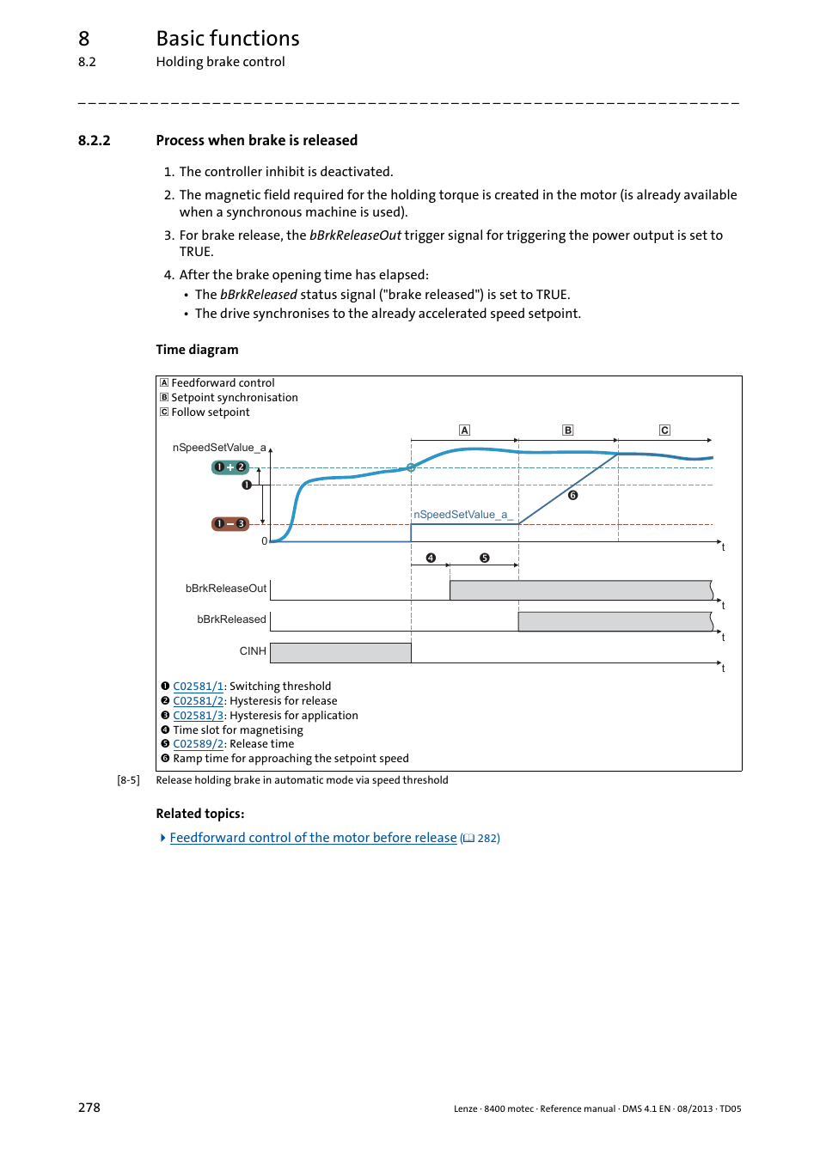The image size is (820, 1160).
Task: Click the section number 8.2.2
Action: click(94, 141)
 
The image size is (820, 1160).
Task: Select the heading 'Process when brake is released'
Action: click(256, 141)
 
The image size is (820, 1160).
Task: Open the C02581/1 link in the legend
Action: click(198, 687)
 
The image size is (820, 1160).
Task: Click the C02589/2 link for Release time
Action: click(198, 744)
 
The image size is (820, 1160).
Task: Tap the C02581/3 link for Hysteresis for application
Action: click(198, 716)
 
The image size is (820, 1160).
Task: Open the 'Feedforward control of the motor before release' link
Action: click(313, 838)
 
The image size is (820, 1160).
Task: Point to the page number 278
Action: click(89, 1108)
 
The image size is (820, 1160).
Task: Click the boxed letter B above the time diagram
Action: click(567, 430)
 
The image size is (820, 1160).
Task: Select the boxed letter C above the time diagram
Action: click(664, 430)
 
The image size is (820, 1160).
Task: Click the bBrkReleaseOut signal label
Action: click(226, 589)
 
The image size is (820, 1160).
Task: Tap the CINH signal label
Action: click(253, 651)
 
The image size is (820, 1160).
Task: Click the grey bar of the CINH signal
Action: click(340, 653)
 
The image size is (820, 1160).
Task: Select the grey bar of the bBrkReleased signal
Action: click(615, 621)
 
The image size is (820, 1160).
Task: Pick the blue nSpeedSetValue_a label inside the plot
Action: click(461, 515)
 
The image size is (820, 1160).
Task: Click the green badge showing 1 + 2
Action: click(230, 467)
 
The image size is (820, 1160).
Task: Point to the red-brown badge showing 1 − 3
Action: click(230, 524)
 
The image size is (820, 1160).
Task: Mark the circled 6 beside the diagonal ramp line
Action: click(573, 495)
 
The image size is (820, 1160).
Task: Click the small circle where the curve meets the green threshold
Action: click(411, 467)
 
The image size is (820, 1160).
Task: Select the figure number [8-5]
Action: click(128, 780)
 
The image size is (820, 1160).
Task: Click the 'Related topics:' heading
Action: click(200, 814)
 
